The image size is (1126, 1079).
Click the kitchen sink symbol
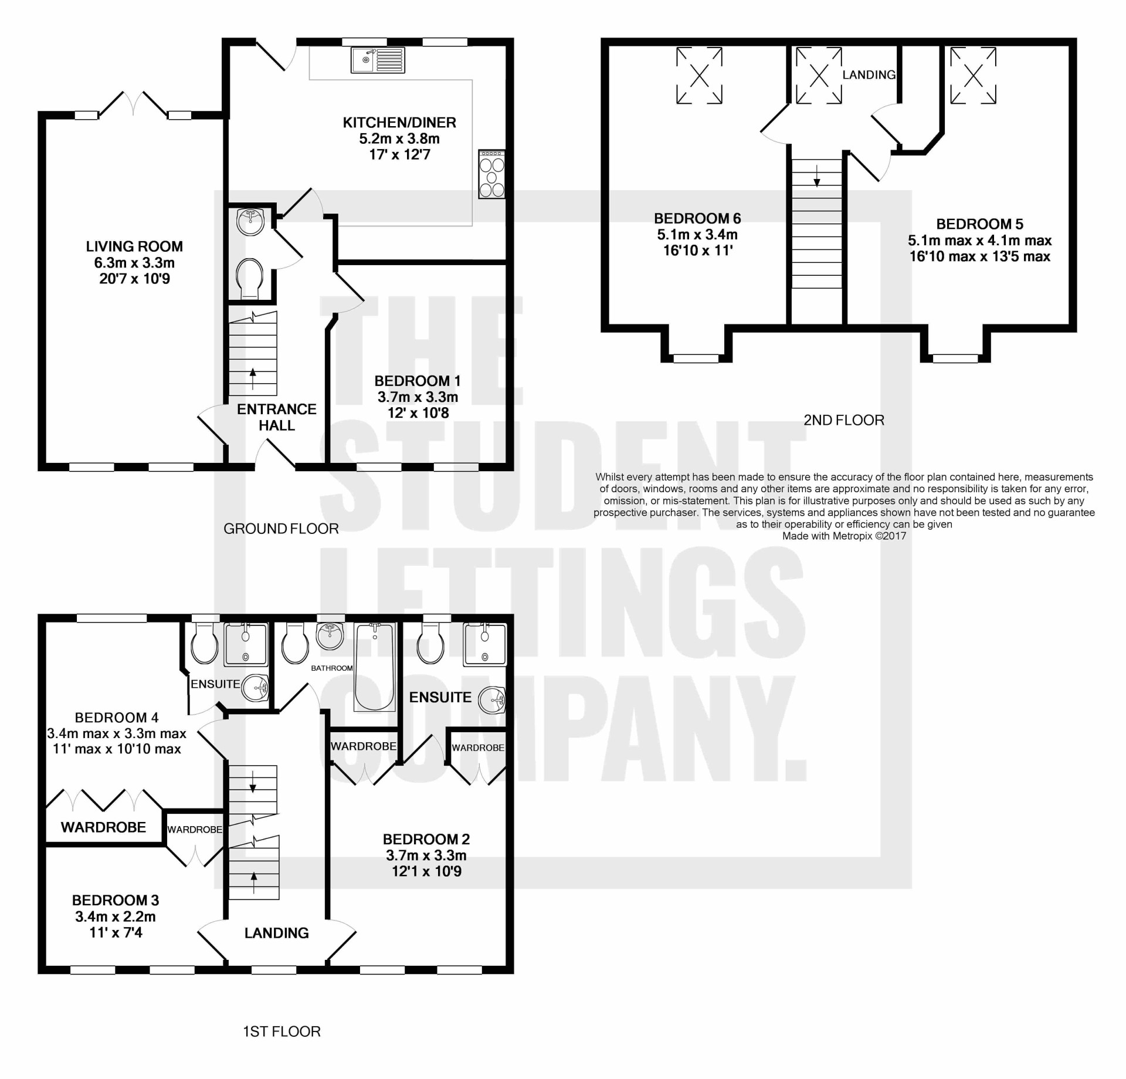point(378,60)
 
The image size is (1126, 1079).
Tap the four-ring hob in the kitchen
point(491,174)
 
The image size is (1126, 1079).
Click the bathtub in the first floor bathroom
point(375,667)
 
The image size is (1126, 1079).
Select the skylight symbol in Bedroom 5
point(973,76)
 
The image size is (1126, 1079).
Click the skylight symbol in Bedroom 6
point(699,76)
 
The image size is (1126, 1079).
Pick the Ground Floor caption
point(281,529)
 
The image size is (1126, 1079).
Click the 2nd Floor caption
point(844,420)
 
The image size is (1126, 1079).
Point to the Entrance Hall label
point(277,417)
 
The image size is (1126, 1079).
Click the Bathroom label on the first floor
point(332,668)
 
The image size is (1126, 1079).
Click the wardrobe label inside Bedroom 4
point(103,827)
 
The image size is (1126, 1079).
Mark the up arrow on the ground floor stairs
point(253,379)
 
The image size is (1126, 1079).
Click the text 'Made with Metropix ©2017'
point(844,536)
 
